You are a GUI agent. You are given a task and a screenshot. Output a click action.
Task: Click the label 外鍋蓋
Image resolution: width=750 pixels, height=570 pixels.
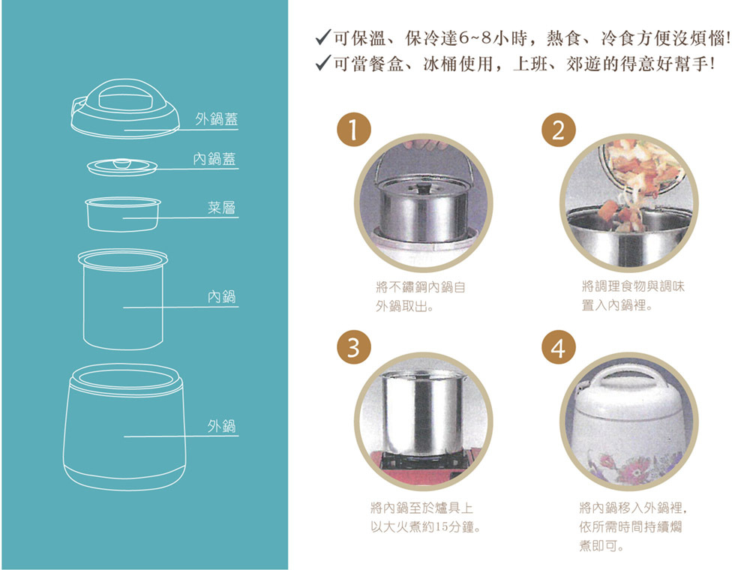pos(216,119)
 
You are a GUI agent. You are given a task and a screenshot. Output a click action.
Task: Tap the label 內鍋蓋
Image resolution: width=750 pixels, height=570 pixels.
pos(214,159)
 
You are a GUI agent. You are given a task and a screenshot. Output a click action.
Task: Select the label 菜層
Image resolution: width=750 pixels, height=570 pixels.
pos(221,208)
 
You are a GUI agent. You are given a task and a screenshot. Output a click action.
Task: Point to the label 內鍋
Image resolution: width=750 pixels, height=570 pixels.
pos(221,297)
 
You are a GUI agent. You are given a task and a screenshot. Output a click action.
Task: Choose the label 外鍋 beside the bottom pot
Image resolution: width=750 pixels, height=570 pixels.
pos(221,425)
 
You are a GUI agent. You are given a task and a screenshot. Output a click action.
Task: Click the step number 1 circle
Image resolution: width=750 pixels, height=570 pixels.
pos(353,130)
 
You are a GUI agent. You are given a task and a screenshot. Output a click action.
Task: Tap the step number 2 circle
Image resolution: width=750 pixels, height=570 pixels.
pos(558,130)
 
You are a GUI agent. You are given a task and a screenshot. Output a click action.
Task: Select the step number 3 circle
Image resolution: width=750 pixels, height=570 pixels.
pos(353,347)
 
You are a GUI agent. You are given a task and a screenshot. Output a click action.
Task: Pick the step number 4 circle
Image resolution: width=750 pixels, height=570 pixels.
pos(558,347)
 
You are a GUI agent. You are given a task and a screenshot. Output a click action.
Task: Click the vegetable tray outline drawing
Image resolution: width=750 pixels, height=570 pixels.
pos(123,214)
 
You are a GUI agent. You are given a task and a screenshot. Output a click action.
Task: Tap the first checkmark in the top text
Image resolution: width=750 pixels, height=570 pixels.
pos(323,37)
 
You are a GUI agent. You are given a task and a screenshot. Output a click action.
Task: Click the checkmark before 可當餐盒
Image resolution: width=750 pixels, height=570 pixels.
pos(323,63)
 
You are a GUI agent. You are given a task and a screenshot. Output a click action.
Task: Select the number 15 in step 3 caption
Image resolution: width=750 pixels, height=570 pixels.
pos(440,527)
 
